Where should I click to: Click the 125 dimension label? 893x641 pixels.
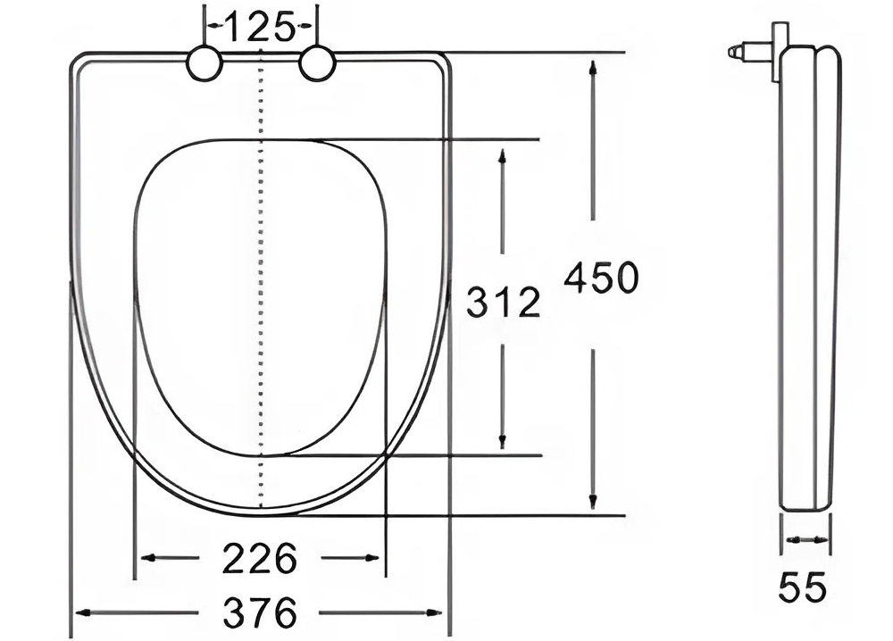click(x=259, y=29)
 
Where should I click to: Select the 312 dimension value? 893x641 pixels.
click(x=504, y=304)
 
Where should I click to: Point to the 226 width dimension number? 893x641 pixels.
click(x=259, y=560)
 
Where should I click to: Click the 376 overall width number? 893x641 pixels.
click(x=259, y=613)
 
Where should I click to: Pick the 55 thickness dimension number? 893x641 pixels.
click(x=803, y=587)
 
